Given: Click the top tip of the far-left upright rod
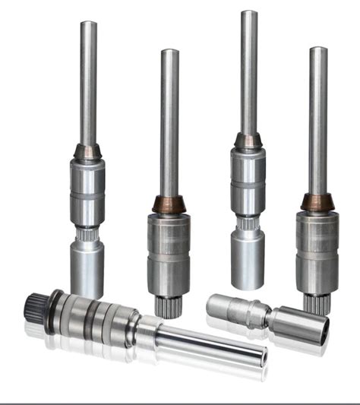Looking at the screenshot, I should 89,24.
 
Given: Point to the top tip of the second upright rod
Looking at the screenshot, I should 169,52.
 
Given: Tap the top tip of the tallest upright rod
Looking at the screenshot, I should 248,13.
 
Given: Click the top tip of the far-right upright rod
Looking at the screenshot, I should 318,50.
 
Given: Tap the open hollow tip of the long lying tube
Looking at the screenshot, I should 261,354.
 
